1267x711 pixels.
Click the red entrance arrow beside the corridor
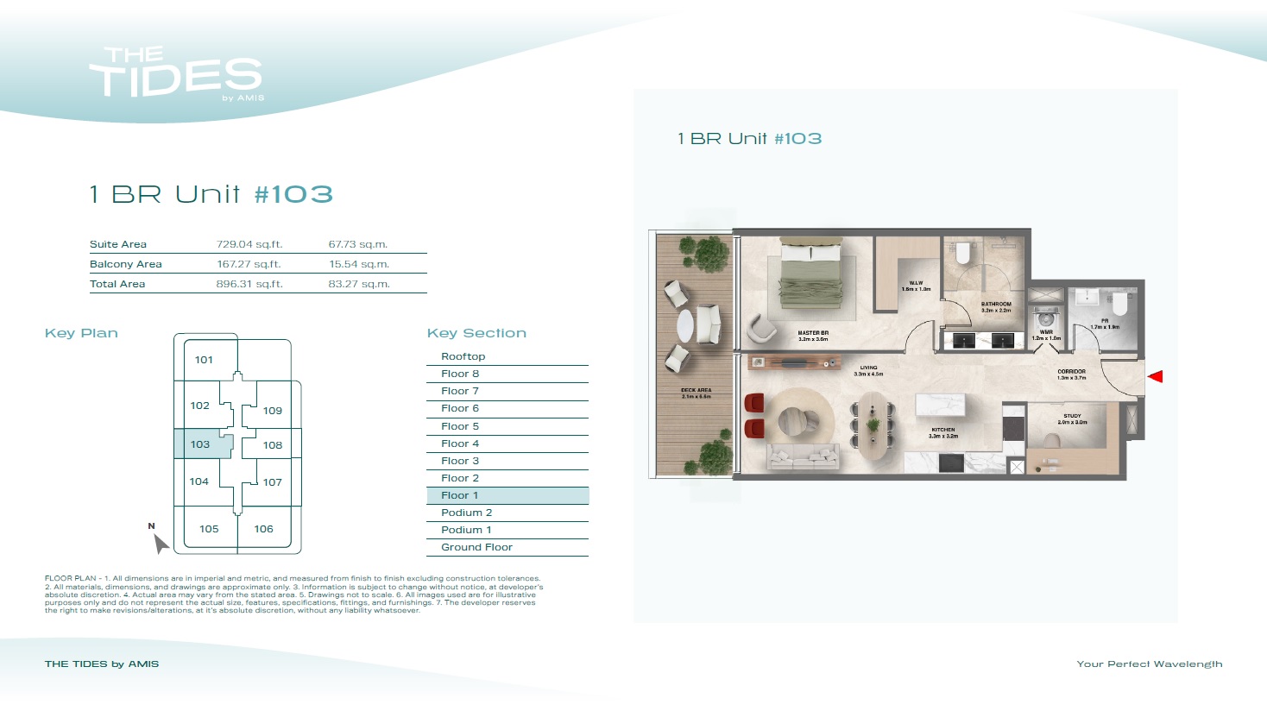click(1156, 376)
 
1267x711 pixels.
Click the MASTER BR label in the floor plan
click(813, 335)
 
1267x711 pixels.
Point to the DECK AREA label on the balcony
click(696, 393)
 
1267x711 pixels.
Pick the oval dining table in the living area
click(873, 425)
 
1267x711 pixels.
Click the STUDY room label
click(1072, 418)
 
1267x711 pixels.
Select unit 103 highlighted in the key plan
click(201, 444)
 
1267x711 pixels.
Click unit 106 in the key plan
click(264, 529)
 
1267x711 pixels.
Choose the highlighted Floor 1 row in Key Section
click(507, 495)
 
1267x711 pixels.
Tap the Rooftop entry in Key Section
click(463, 356)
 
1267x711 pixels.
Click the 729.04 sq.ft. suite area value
click(249, 244)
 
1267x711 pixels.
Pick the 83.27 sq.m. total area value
click(359, 284)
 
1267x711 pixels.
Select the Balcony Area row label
click(126, 264)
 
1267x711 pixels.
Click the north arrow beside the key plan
click(160, 543)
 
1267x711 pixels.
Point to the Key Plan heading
click(81, 333)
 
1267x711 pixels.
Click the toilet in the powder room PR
click(1119, 305)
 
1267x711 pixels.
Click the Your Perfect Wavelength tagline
click(1149, 664)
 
